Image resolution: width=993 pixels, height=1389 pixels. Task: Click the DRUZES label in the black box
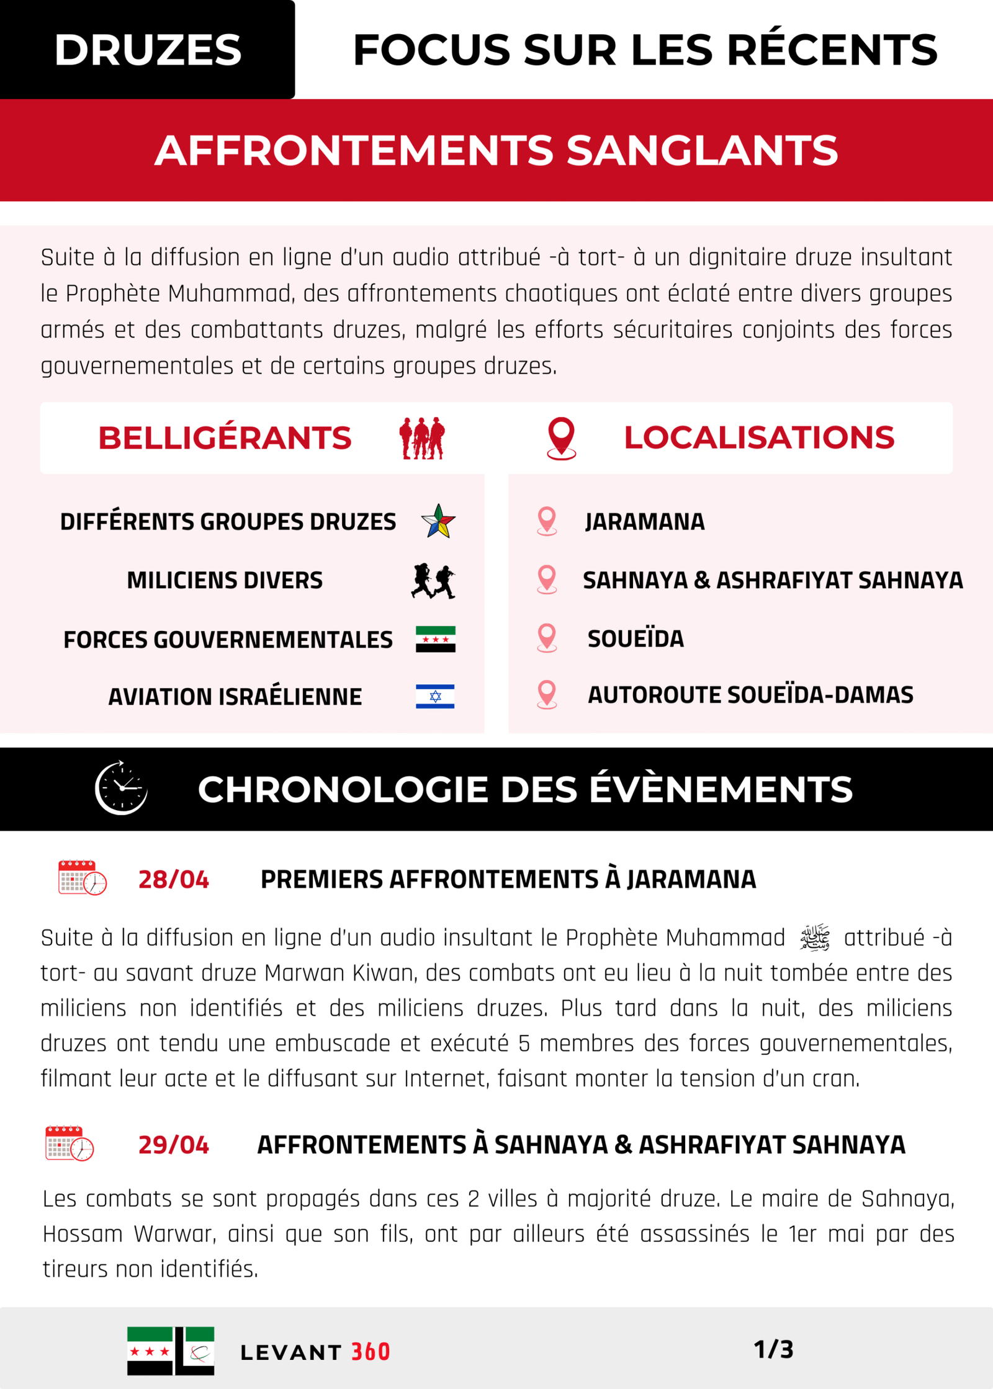[x=148, y=50]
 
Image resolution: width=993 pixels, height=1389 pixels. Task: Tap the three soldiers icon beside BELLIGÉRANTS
[x=422, y=439]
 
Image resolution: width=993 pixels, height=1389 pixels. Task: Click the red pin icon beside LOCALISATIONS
[x=561, y=439]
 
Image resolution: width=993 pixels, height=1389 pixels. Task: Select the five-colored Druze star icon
[x=438, y=521]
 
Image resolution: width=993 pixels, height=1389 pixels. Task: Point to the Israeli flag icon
[x=435, y=696]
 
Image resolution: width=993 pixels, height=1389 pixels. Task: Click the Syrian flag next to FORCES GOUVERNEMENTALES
[x=435, y=639]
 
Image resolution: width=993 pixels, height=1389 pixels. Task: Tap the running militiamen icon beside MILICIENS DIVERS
[x=433, y=581]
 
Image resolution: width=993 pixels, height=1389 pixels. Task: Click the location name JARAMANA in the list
[x=644, y=522]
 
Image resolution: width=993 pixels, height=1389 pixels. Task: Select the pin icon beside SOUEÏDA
[x=547, y=638]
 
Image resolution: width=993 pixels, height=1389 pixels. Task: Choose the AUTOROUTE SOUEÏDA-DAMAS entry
[x=750, y=695]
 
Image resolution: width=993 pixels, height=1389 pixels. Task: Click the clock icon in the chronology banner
[x=121, y=788]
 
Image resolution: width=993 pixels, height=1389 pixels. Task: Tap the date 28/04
[x=174, y=880]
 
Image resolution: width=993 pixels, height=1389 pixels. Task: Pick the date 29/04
[x=174, y=1145]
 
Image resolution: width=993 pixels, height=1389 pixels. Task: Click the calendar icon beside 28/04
[x=82, y=878]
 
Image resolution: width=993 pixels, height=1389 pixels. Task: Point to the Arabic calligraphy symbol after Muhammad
[x=815, y=937]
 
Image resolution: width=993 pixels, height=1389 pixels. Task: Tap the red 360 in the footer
[x=371, y=1352]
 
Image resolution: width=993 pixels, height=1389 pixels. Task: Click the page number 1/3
[x=773, y=1349]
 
